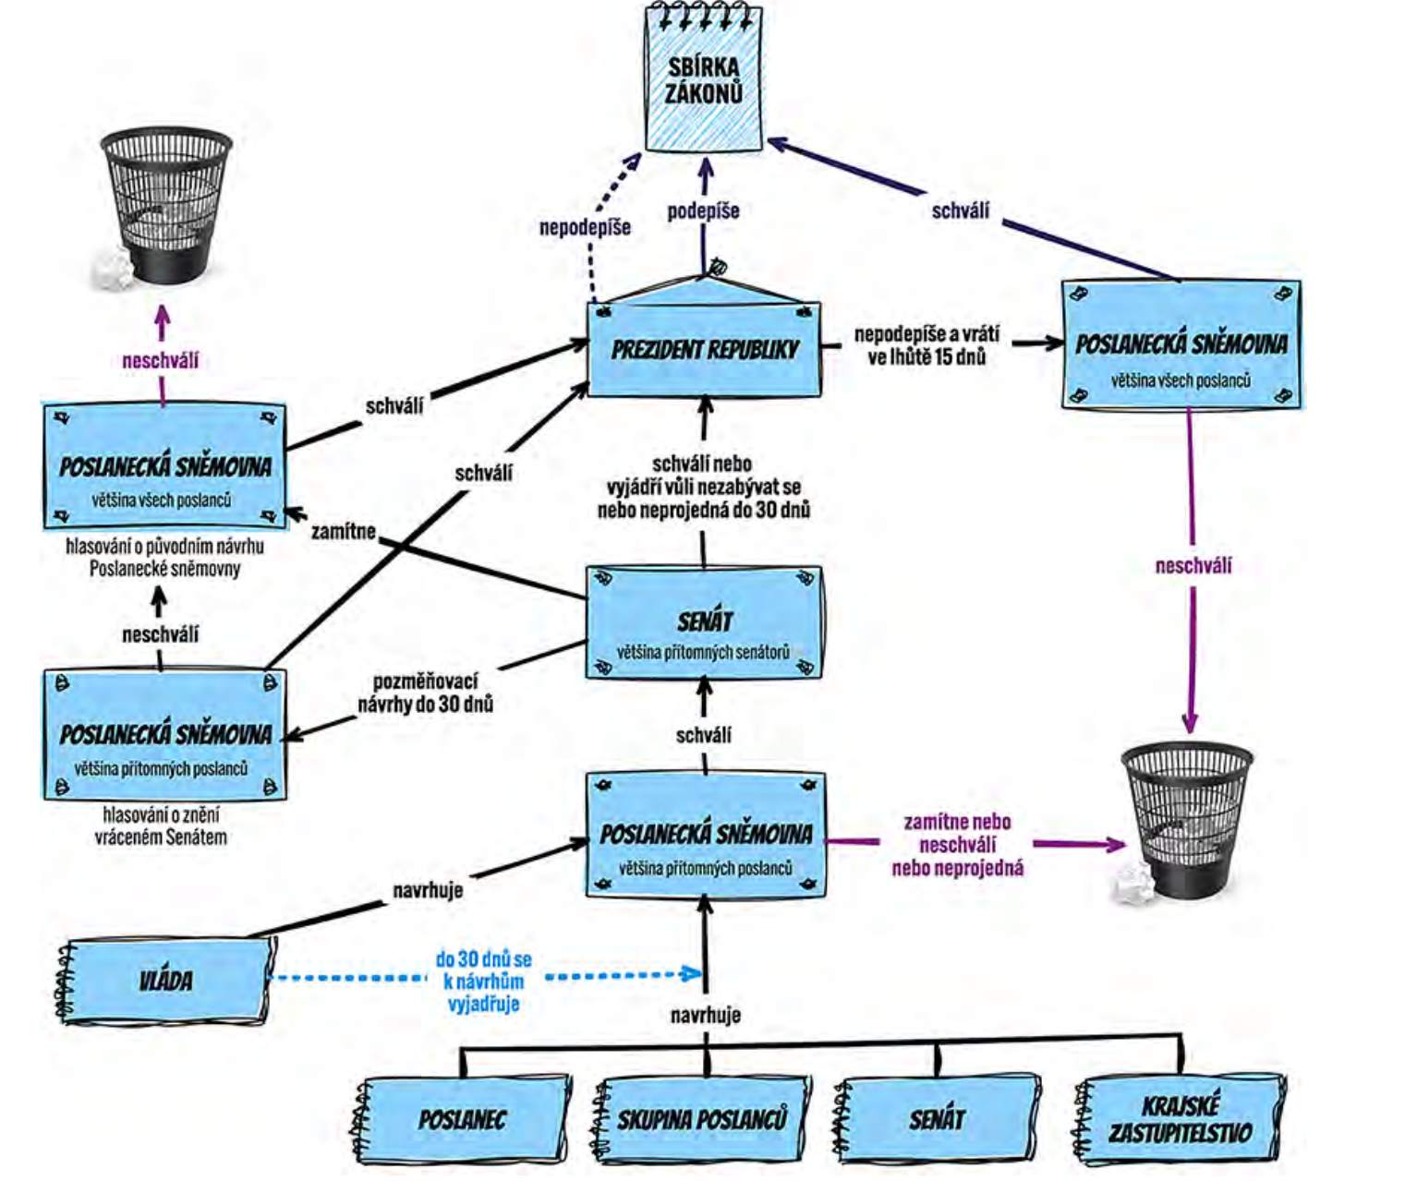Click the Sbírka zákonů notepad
704,79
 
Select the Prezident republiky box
704,349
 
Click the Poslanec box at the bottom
462,1119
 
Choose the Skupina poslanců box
702,1119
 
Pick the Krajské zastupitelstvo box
1181,1118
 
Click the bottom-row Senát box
937,1119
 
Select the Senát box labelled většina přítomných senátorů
704,624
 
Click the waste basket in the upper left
166,203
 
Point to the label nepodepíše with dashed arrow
585,227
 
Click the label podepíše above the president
703,211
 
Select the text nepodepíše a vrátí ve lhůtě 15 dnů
926,345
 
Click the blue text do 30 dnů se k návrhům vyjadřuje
483,981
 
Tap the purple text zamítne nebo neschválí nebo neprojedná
957,844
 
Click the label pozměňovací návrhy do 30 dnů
425,693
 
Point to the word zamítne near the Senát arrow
343,531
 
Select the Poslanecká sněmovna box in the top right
1181,344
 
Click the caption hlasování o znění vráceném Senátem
161,825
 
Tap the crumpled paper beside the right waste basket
1132,885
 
